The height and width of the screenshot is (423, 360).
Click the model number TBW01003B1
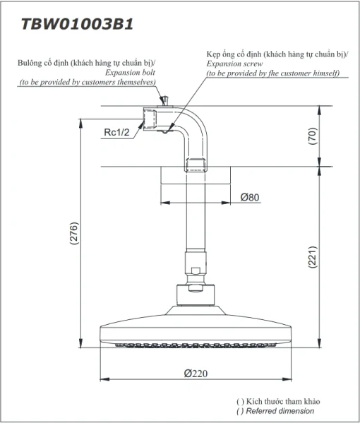coord(77,24)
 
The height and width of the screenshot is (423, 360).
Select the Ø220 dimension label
coord(196,374)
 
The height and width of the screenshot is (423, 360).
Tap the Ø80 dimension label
coord(250,197)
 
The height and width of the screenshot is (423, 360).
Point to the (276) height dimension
coord(74,233)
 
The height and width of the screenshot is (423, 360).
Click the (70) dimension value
coord(313,136)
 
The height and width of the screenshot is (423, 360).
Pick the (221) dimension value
coord(313,257)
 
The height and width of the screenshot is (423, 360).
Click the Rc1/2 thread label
coord(116,132)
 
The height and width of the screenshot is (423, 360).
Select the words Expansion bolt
coord(131,73)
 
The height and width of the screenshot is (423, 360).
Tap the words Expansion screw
coord(234,64)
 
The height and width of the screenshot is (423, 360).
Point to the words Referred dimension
coord(280,411)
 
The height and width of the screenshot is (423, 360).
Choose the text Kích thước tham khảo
coord(283,401)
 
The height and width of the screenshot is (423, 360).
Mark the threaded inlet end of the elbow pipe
coord(150,119)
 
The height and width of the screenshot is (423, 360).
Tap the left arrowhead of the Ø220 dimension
coord(104,379)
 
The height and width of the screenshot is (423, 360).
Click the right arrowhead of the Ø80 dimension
coord(226,203)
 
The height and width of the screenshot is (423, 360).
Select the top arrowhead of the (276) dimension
coord(80,124)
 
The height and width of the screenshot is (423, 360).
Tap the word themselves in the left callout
coord(136,82)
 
